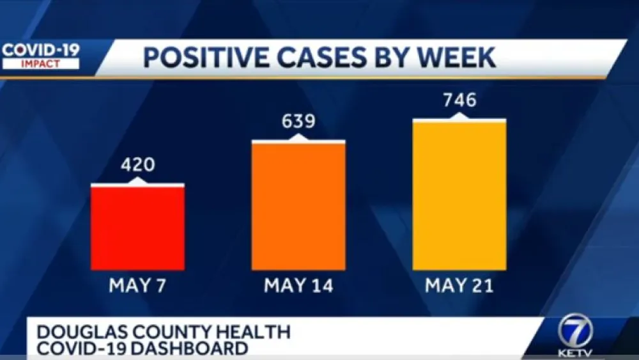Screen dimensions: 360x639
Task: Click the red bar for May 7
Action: click(x=137, y=228)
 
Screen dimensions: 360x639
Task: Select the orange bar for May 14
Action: click(x=298, y=206)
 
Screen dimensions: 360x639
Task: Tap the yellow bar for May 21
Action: click(x=459, y=195)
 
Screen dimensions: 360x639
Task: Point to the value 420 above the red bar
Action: click(x=137, y=164)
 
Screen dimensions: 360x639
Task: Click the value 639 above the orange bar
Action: click(x=298, y=121)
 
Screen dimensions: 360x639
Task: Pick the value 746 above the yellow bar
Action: click(x=459, y=100)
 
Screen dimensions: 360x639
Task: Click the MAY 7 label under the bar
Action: click(x=137, y=285)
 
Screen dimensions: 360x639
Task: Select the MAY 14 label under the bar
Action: click(x=298, y=285)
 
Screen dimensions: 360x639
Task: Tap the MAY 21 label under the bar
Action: click(x=459, y=285)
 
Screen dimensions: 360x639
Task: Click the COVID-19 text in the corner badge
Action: click(x=40, y=51)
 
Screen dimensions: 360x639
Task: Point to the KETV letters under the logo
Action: click(x=574, y=352)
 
